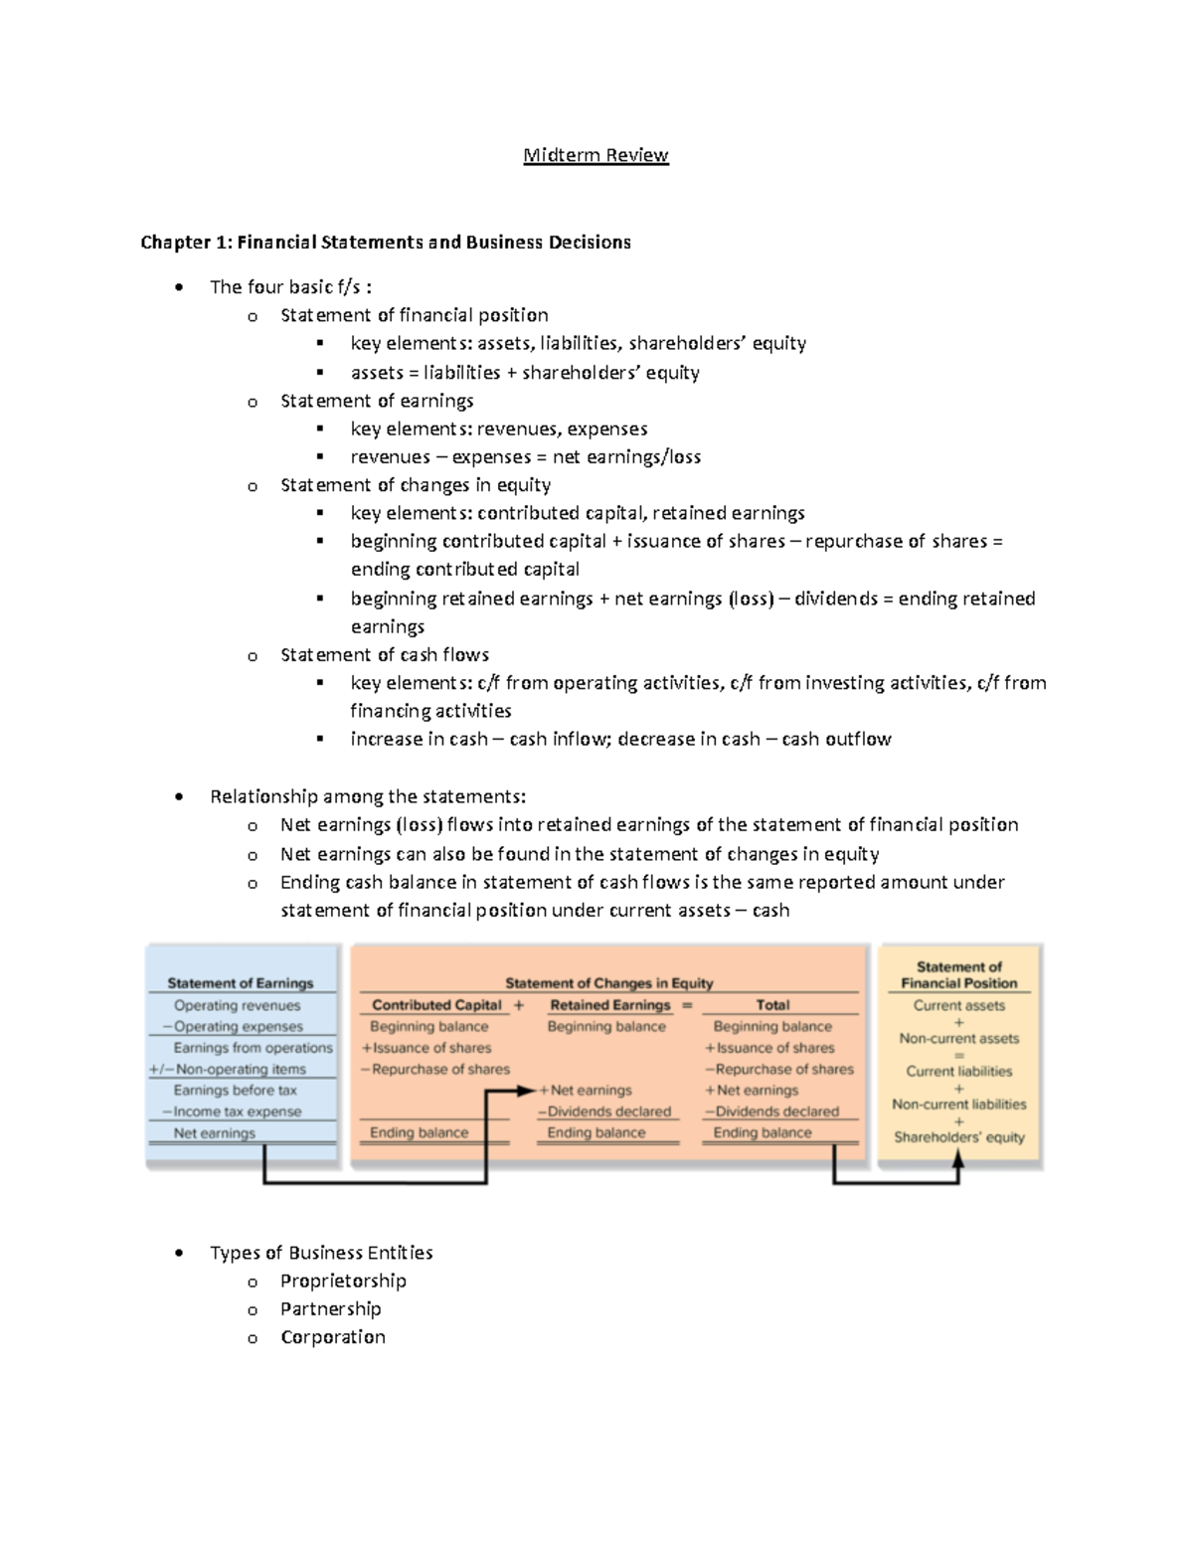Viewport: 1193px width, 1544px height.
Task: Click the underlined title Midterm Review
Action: pos(596,155)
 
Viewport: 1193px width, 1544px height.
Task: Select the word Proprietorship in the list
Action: pos(343,1281)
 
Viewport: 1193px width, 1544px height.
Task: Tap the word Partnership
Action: pos(330,1308)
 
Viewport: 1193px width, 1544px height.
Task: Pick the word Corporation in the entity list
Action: pos(332,1337)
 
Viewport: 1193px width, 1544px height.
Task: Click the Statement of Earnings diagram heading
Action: pos(240,983)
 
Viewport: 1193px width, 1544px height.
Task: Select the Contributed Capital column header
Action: pos(436,1005)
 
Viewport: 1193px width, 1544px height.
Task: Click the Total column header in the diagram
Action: pos(772,1005)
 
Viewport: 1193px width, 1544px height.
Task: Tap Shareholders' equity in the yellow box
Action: pos(958,1137)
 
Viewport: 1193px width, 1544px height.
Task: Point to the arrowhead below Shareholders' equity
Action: pos(958,1157)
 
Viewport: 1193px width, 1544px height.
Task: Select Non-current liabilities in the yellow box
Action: pos(958,1105)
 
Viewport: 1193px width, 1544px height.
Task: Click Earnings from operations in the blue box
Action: pos(253,1048)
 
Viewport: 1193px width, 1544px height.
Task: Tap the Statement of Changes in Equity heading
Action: pos(608,983)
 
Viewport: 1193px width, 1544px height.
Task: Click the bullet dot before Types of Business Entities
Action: pos(179,1254)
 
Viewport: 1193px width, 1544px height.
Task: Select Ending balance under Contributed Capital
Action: pos(419,1132)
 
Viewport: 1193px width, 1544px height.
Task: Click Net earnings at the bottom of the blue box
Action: pos(214,1133)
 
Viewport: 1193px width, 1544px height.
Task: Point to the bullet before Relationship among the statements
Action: pos(179,797)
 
